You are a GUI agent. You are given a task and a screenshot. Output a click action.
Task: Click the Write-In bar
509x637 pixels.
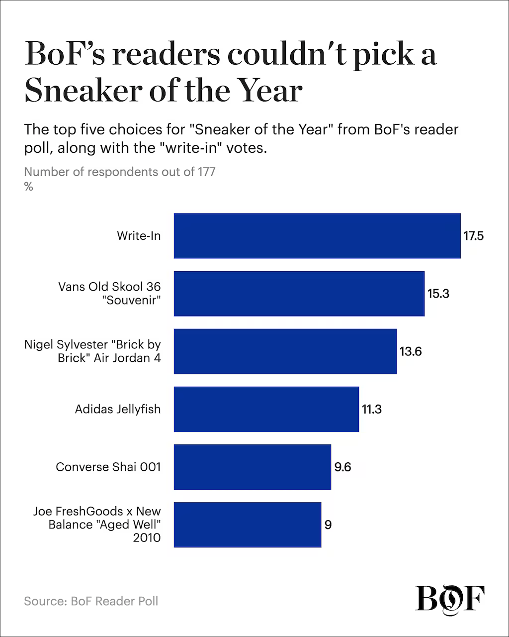(317, 236)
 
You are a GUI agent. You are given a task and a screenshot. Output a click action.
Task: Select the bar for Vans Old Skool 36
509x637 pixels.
(299, 294)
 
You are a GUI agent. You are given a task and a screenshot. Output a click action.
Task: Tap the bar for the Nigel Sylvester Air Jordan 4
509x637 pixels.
(285, 351)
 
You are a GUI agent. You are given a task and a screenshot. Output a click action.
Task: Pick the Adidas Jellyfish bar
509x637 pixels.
(266, 409)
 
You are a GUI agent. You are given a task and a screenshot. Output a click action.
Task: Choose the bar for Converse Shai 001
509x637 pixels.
(253, 467)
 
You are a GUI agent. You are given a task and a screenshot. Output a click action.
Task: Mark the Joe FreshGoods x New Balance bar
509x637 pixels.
(248, 525)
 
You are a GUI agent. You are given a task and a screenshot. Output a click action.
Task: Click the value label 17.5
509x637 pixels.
(474, 236)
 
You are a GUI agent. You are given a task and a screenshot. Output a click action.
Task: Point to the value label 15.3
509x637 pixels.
(438, 294)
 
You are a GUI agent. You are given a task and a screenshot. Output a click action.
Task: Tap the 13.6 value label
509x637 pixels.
(411, 351)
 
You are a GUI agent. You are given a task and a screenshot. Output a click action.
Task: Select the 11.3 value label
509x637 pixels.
(372, 409)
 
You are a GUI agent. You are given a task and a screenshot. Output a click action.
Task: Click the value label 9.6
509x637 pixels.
(343, 467)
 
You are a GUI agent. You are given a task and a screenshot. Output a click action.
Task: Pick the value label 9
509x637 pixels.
(328, 525)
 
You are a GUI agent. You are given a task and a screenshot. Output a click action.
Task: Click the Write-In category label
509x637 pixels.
(139, 236)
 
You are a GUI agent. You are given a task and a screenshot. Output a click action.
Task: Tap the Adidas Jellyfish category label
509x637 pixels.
(118, 409)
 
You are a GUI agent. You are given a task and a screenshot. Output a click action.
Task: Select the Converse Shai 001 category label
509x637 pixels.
(108, 467)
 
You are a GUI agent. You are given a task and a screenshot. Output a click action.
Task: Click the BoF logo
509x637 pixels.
(450, 598)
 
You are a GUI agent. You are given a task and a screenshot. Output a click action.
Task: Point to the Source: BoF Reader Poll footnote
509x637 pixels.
(91, 601)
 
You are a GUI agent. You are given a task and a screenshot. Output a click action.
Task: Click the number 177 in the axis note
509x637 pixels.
(206, 172)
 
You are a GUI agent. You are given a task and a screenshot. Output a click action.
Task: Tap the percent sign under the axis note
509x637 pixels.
(28, 187)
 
